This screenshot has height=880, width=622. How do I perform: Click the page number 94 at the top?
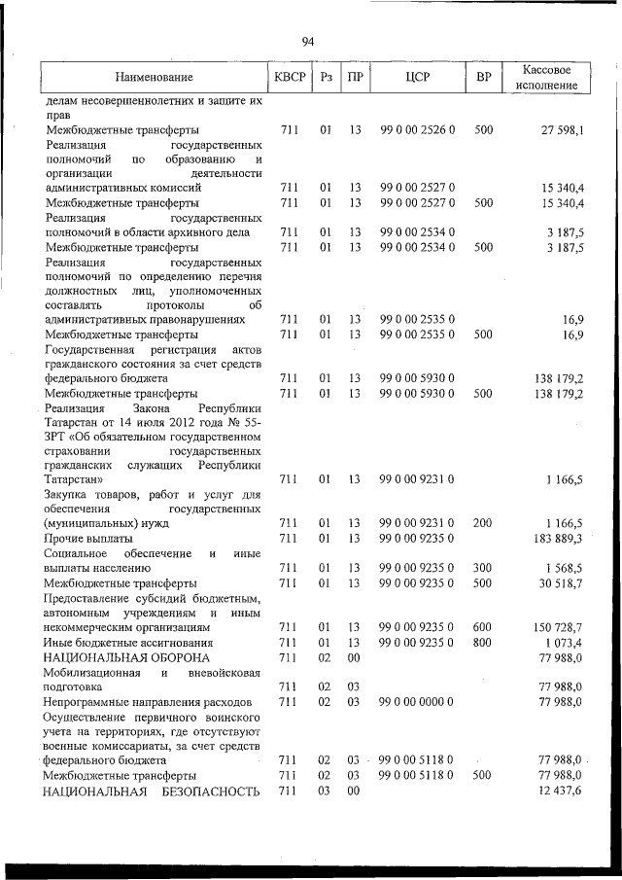click(x=308, y=41)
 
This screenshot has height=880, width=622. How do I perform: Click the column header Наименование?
click(x=154, y=77)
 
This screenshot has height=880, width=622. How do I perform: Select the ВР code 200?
click(x=483, y=523)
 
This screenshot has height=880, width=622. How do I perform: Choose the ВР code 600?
click(x=483, y=627)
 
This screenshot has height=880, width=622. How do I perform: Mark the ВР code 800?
click(x=483, y=643)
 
